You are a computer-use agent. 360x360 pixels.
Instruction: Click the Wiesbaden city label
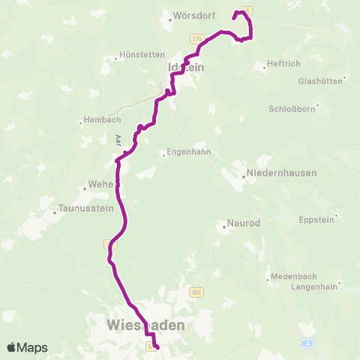click(x=146, y=325)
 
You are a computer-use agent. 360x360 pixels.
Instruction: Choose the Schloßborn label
click(x=292, y=109)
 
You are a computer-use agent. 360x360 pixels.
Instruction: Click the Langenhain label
click(x=315, y=286)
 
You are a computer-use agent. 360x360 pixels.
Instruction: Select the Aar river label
click(x=118, y=139)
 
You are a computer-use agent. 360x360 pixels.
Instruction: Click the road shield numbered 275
click(x=196, y=38)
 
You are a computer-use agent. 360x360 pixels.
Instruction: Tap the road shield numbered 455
click(x=196, y=292)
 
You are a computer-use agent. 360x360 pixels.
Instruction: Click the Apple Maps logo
click(x=27, y=347)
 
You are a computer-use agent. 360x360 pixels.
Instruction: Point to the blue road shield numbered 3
click(x=307, y=342)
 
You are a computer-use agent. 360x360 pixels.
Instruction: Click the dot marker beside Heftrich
click(x=265, y=67)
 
